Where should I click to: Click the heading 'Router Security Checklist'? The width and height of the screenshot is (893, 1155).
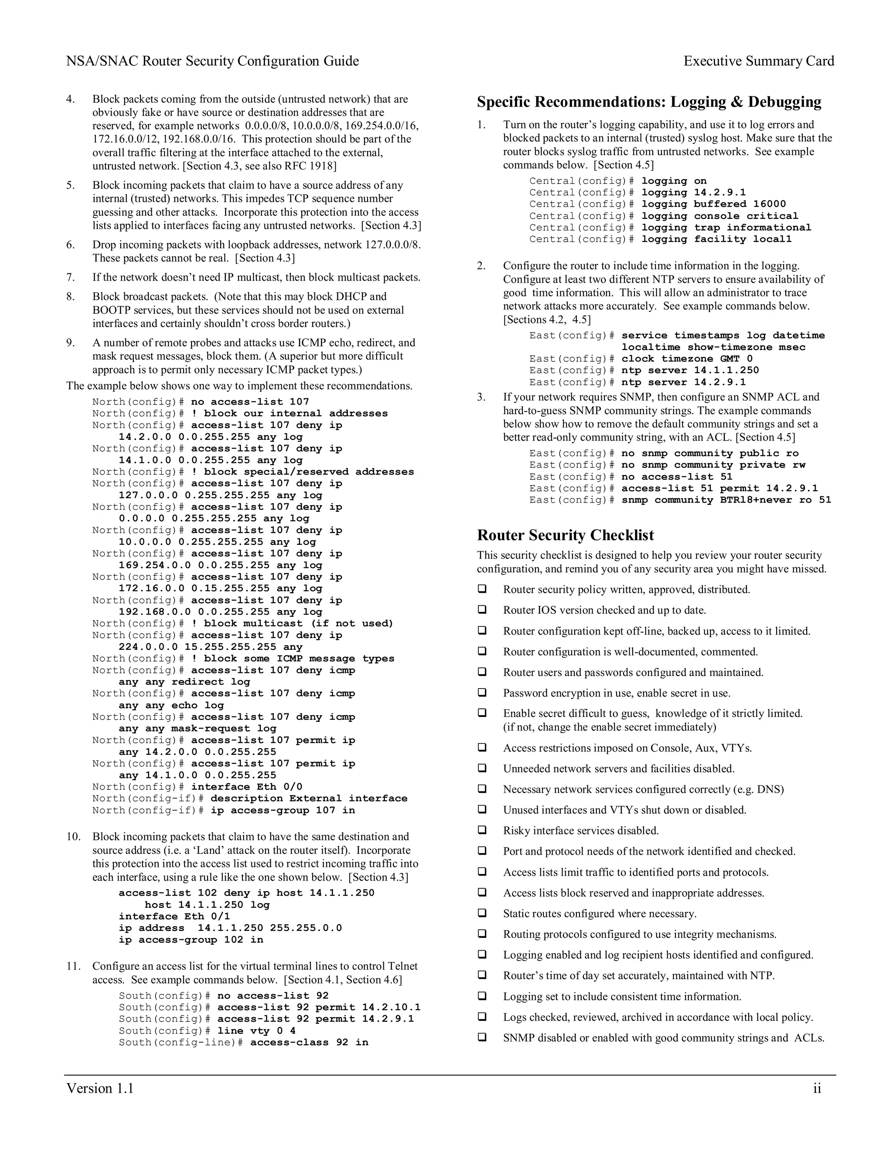[565, 535]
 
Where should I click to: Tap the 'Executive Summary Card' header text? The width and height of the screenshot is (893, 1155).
[759, 61]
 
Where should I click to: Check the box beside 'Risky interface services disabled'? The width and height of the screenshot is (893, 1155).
[483, 830]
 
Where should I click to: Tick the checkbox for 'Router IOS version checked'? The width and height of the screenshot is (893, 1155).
[483, 609]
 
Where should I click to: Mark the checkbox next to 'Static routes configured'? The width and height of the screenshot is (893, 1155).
[483, 913]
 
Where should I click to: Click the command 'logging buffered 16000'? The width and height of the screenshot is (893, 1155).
[714, 204]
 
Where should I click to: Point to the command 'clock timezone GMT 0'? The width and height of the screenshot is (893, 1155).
[687, 359]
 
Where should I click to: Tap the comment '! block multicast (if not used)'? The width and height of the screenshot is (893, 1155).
[292, 624]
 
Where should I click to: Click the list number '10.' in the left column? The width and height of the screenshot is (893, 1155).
[74, 837]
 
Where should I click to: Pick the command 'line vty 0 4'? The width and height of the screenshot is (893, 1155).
[256, 1031]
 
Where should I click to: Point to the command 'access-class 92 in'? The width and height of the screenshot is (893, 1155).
[309, 1043]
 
